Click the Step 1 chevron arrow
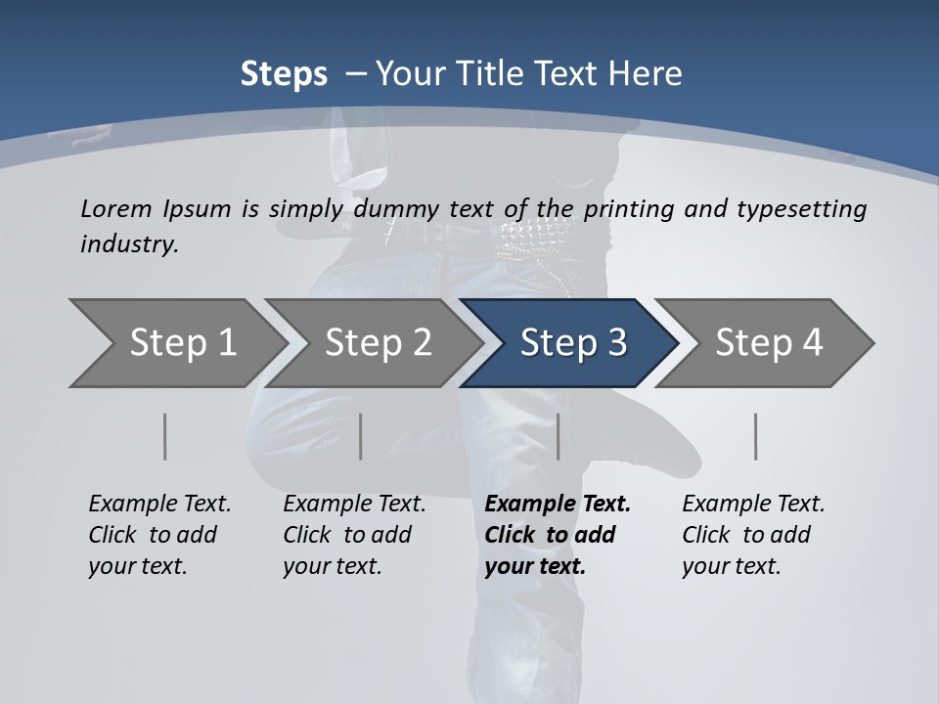(176, 343)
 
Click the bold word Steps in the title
(284, 73)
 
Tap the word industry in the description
(129, 243)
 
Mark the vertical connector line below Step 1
(165, 436)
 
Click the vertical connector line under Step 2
(361, 436)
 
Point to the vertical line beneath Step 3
(558, 436)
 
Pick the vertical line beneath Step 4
(755, 436)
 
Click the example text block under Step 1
(159, 535)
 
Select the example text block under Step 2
(354, 535)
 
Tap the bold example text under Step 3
(558, 535)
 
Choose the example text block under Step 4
(753, 535)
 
